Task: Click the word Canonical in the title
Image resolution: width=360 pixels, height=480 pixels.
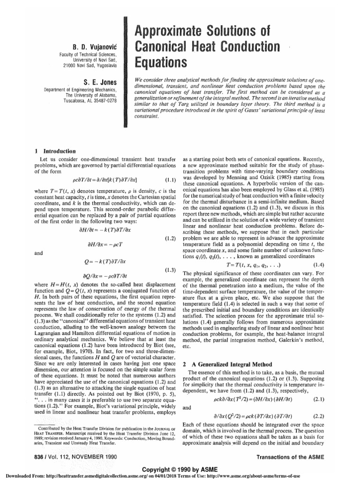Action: tap(171, 45)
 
